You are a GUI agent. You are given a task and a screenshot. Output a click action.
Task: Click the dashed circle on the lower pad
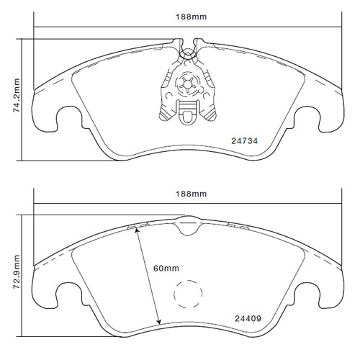click(x=189, y=296)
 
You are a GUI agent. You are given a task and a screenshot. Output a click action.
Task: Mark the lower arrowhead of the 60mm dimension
click(x=158, y=320)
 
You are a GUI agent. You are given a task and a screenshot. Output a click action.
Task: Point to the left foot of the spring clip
click(x=163, y=114)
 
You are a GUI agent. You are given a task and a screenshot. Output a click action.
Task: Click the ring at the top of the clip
click(x=189, y=52)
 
